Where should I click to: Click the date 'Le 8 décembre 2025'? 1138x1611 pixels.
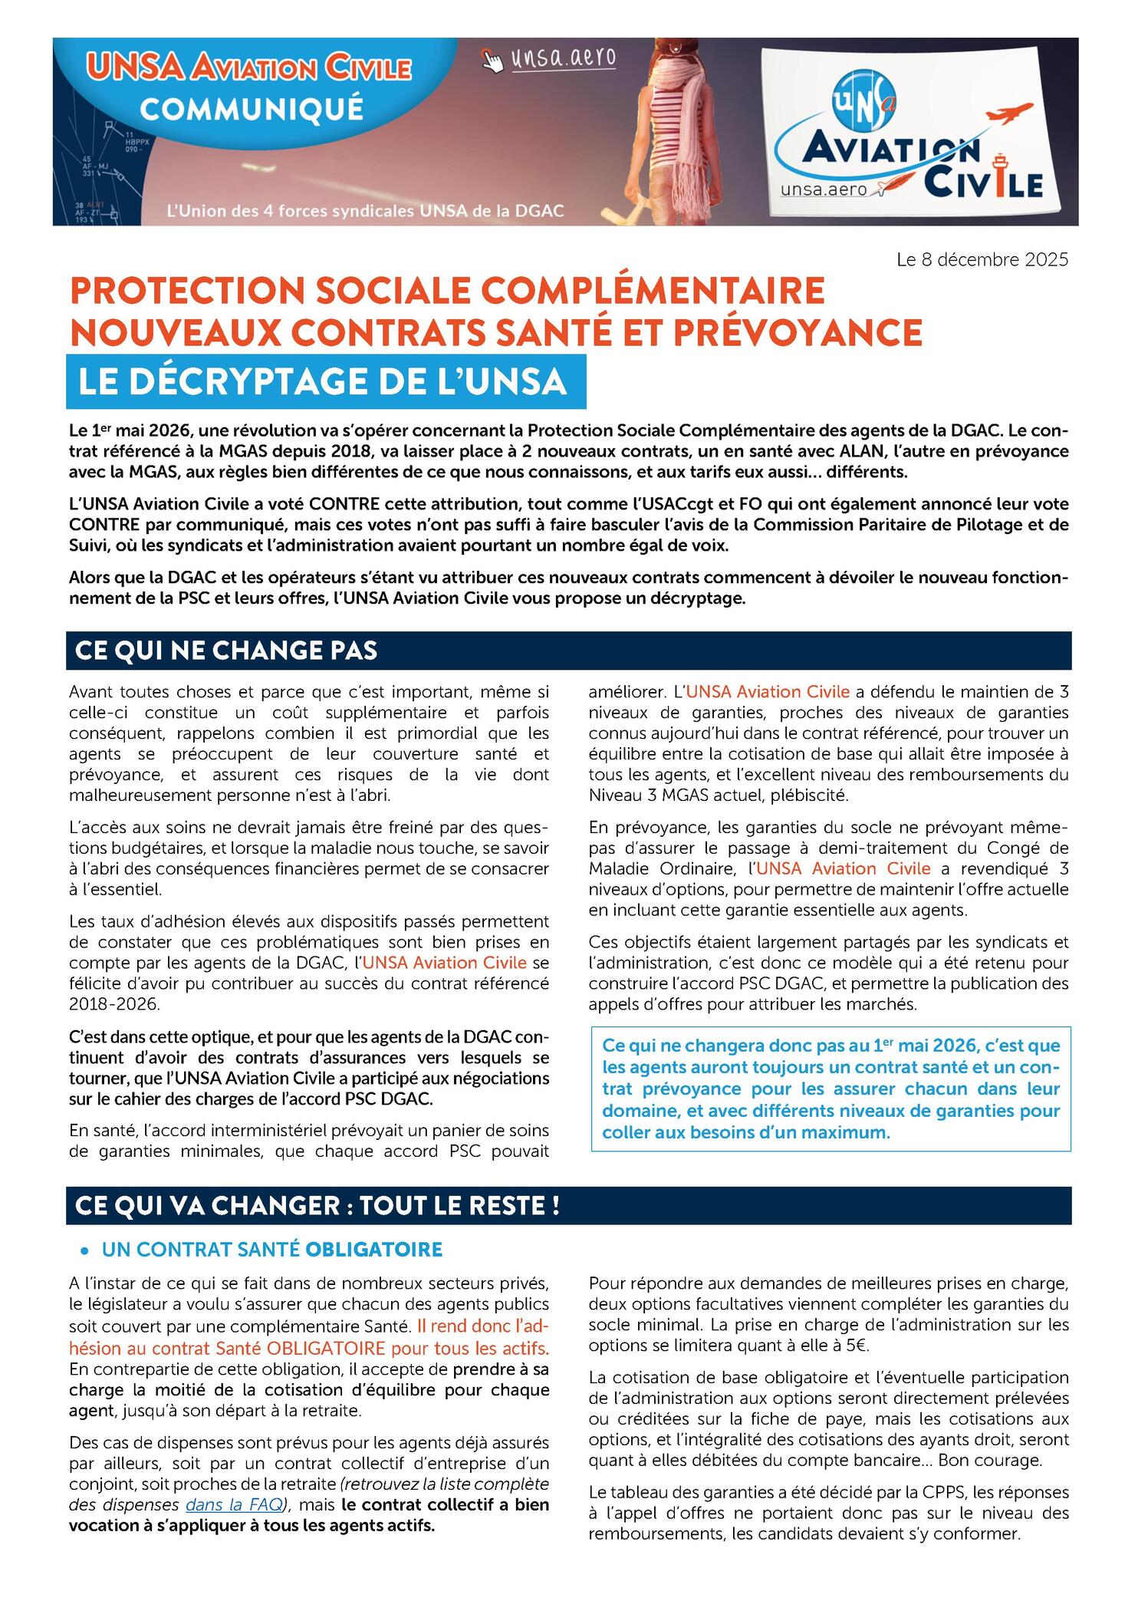coord(982,260)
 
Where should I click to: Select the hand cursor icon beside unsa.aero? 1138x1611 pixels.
coord(493,59)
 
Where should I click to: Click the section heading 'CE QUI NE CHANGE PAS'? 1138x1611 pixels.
coord(226,650)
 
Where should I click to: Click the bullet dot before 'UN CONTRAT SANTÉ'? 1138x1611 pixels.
coord(85,1251)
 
